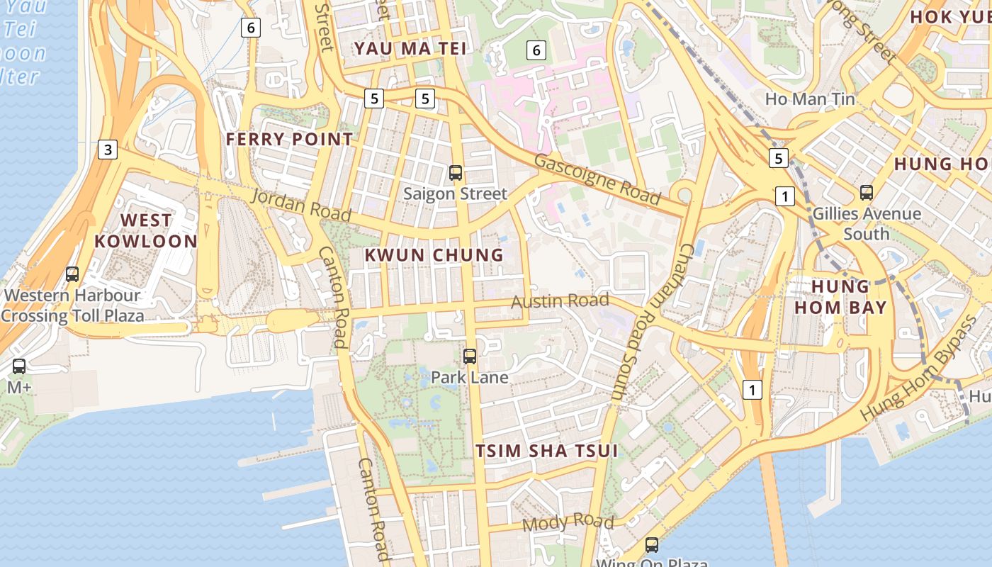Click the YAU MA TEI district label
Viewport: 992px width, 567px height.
[410, 48]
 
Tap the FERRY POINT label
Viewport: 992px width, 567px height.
[289, 139]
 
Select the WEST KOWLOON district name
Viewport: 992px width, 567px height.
[146, 230]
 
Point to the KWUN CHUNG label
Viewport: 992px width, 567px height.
[434, 255]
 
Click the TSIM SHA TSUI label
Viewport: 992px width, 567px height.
[546, 451]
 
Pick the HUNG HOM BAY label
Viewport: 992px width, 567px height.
[840, 297]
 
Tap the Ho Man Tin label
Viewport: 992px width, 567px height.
[810, 99]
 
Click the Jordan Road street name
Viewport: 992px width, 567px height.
[301, 204]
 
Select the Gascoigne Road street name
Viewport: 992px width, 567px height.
[597, 179]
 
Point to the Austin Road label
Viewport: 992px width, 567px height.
[560, 301]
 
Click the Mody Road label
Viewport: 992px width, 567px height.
[568, 523]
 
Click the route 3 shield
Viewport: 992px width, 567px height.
[107, 150]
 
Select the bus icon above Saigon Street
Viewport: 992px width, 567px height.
[456, 172]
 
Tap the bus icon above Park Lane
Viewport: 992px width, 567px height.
[469, 356]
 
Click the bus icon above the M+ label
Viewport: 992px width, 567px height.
[19, 366]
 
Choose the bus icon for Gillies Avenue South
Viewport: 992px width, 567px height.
[866, 192]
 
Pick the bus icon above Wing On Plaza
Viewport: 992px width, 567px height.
[651, 545]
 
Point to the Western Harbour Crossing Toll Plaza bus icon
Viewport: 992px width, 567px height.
[72, 274]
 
